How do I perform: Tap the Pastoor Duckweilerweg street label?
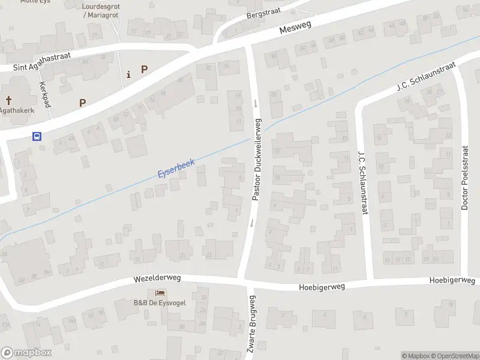coord(257,159)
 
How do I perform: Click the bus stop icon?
coord(37,136)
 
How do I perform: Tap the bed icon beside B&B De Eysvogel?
coord(160,293)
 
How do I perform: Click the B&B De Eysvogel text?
coord(160,302)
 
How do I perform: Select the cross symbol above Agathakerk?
coord(9,101)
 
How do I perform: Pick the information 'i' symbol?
coord(128,74)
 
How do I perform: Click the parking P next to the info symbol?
coord(144,69)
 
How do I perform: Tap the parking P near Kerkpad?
coord(82,103)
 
